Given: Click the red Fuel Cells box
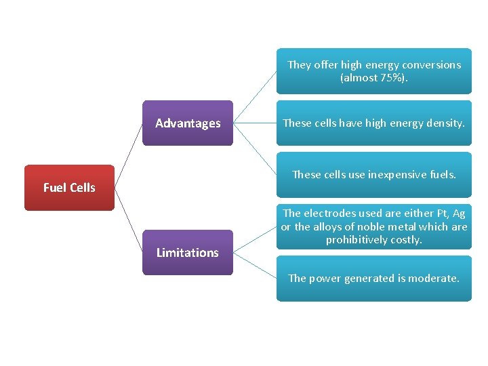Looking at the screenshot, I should pos(69,188).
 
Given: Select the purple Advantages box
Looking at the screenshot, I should pos(188,123).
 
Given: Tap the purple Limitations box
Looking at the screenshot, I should pos(188,252).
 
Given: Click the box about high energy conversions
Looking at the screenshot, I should pos(373,71).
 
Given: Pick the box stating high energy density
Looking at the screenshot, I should pos(373,123).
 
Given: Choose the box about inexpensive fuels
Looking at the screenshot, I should pos(373,175).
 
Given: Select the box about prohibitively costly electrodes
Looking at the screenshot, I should pos(373,226).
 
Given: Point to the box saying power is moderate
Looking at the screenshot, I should pos(373,278).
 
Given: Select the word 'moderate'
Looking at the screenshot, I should pos(434,278).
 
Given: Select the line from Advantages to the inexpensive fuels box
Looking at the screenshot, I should pos(255,149).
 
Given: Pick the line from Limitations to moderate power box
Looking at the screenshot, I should pos(255,265).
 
